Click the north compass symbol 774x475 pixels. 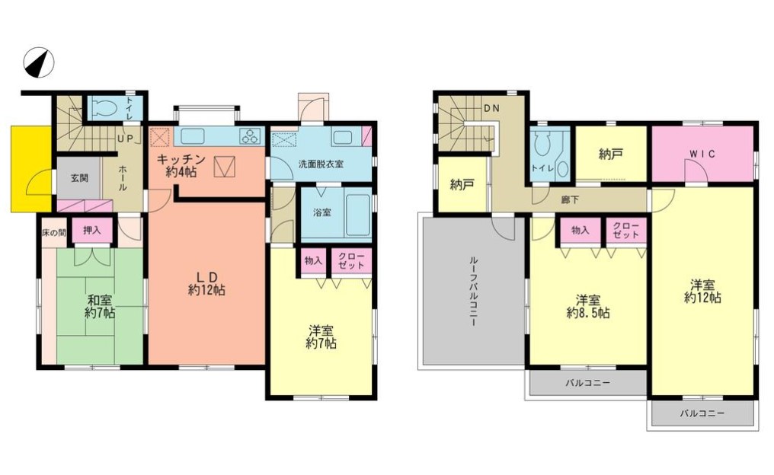pos(39,62)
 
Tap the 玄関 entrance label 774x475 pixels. pos(79,178)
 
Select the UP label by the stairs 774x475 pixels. pos(126,139)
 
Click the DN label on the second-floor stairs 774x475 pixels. pos(491,109)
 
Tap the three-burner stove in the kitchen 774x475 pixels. pos(251,136)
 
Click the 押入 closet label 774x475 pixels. pos(92,230)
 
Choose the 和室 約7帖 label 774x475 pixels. pos(100,306)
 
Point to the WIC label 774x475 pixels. pos(702,155)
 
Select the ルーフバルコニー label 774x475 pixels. pos(472,291)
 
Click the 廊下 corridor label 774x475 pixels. pos(570,200)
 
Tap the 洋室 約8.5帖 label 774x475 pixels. pos(588,306)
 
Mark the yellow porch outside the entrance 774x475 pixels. pos(31,169)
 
